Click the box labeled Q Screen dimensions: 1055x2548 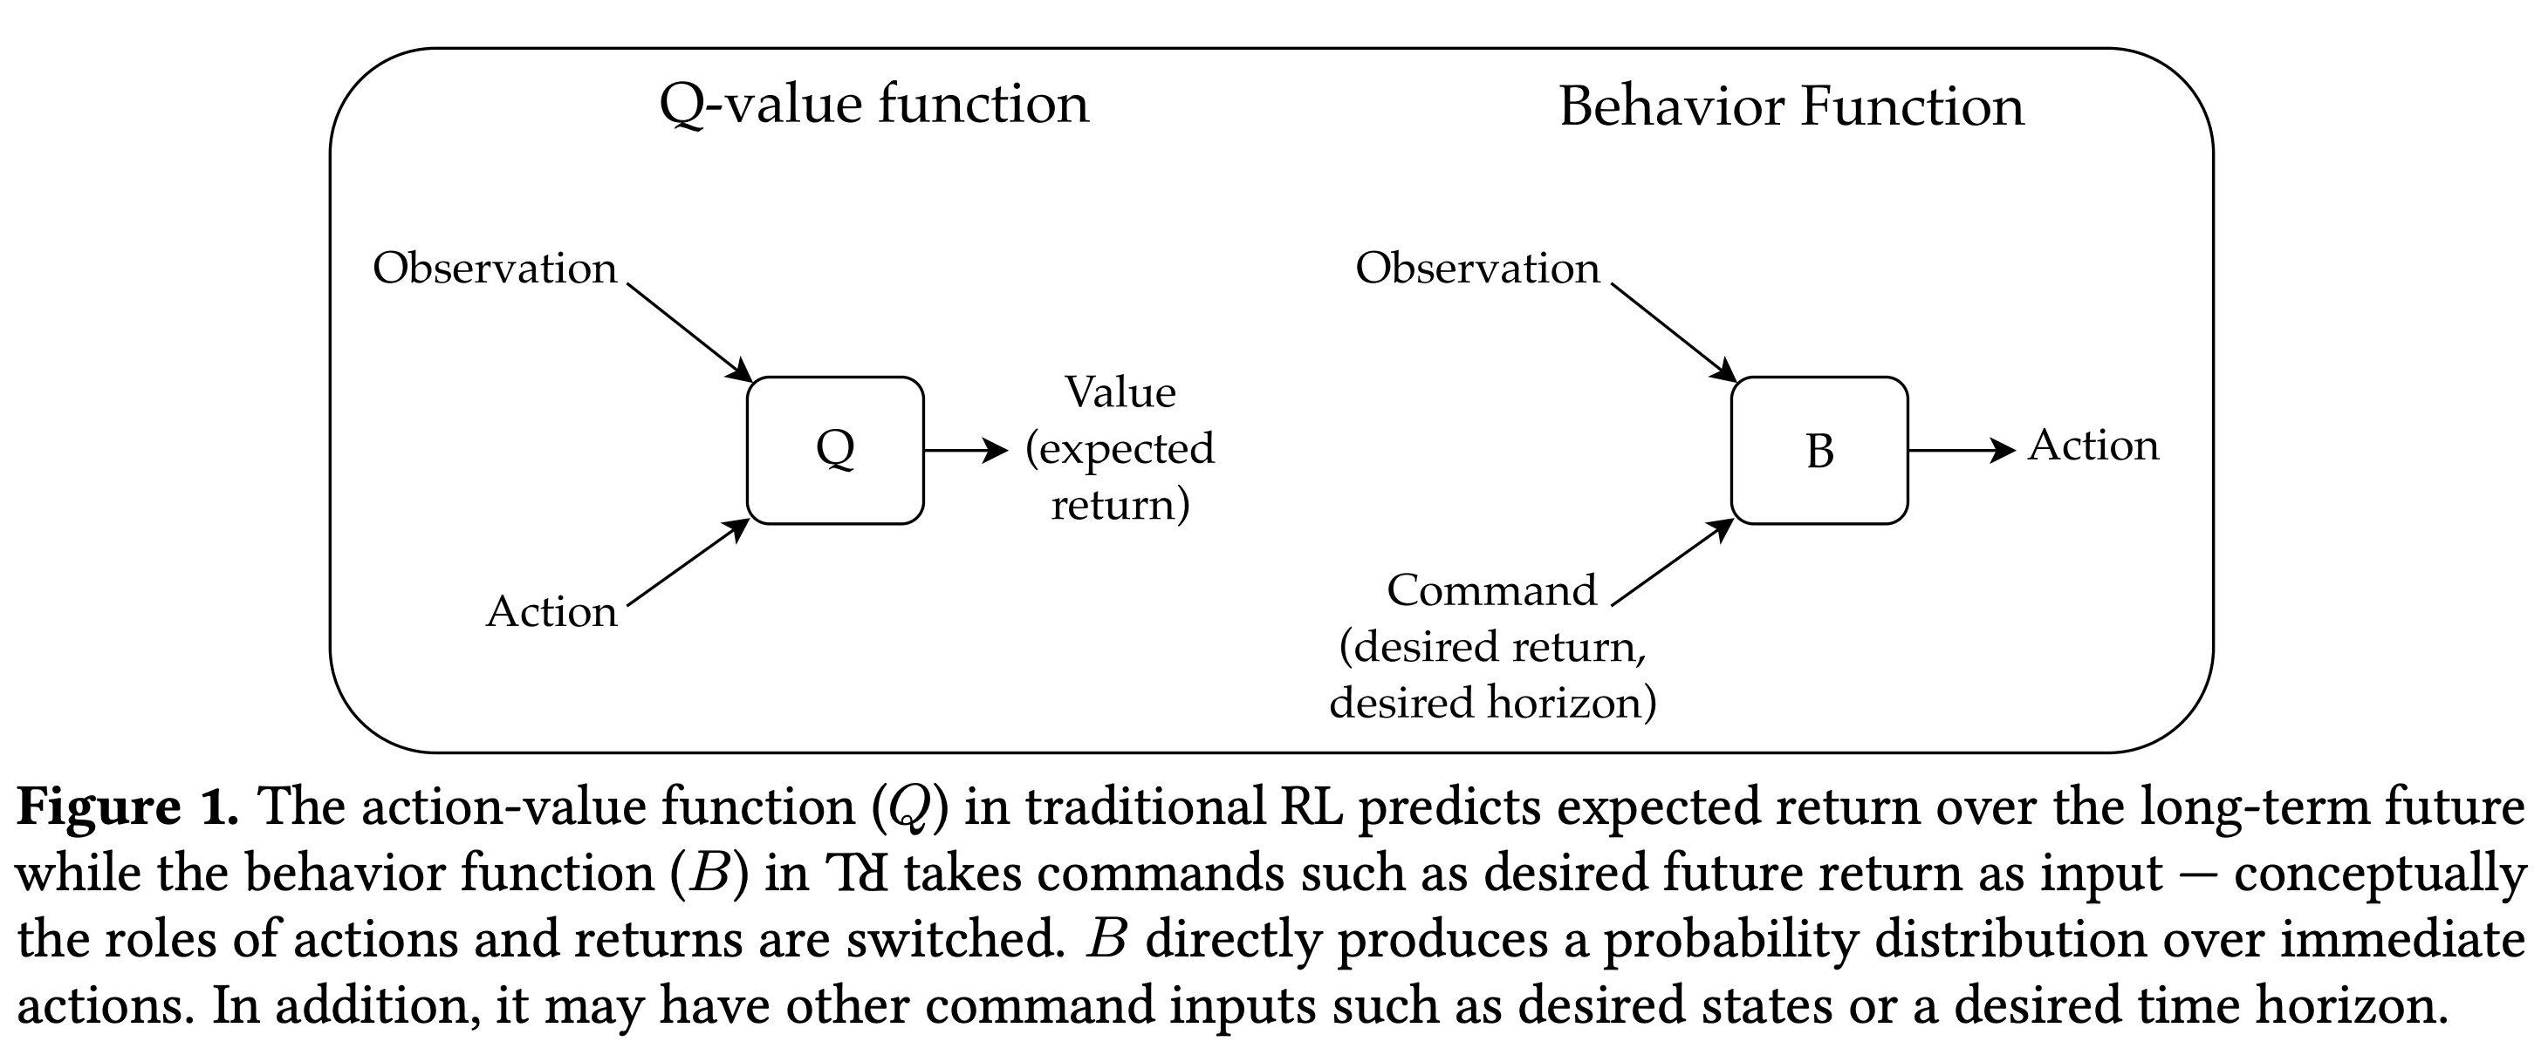(x=835, y=450)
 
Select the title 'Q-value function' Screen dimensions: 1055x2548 (x=873, y=105)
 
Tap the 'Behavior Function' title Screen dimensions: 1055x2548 (x=1791, y=106)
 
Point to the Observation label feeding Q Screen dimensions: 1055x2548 (x=495, y=269)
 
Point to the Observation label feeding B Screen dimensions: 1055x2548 (x=1476, y=269)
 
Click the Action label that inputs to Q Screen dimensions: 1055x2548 (x=551, y=612)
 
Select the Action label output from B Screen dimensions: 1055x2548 (x=2093, y=446)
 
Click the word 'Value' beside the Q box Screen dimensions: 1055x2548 (x=1120, y=393)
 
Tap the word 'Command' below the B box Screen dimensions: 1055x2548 (x=1490, y=591)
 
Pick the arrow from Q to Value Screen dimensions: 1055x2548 (x=964, y=451)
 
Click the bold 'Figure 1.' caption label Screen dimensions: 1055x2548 (x=127, y=807)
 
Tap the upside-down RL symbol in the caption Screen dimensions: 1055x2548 (x=857, y=874)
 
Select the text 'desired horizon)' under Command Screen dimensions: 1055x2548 (x=1491, y=703)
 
